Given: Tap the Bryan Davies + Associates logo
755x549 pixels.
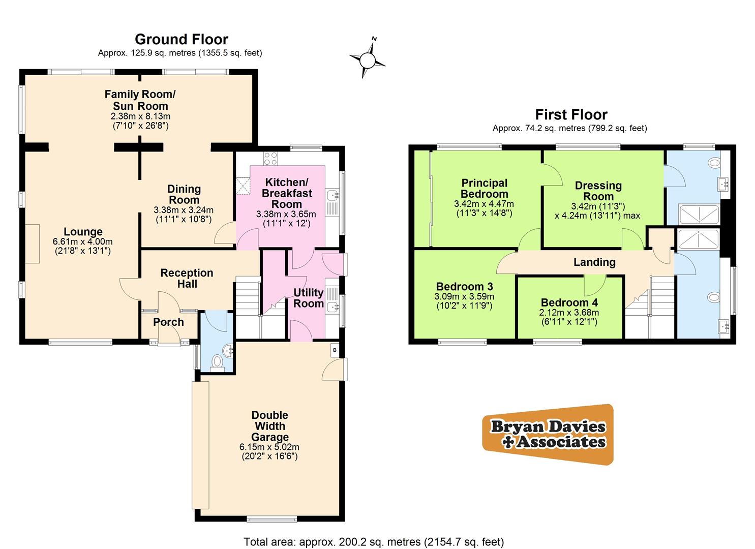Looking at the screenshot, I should (x=548, y=435).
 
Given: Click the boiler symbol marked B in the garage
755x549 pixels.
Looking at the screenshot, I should (x=335, y=350).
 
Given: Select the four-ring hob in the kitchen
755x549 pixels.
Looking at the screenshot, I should (x=270, y=159).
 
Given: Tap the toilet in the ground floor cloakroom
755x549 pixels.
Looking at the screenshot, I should (x=217, y=361).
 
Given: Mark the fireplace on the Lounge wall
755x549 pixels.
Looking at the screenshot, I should (x=32, y=243).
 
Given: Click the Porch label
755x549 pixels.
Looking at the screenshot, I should (x=168, y=322).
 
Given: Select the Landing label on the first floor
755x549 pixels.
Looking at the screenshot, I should (x=594, y=262).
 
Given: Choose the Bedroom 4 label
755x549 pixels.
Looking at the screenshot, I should (x=569, y=302).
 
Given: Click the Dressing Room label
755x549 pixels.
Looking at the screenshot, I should (x=598, y=191).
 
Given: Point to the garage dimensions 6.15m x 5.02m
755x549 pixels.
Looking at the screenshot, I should (x=269, y=447).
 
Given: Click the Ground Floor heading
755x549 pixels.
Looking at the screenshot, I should (x=181, y=39).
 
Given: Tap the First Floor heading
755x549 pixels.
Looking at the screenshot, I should (x=571, y=114).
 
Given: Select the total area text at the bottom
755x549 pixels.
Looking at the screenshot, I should (x=374, y=542).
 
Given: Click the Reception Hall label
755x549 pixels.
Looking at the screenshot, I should (x=187, y=279).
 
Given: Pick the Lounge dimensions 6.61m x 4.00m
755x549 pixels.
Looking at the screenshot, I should (x=83, y=242).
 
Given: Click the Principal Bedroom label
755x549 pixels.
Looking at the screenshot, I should (x=484, y=188).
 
